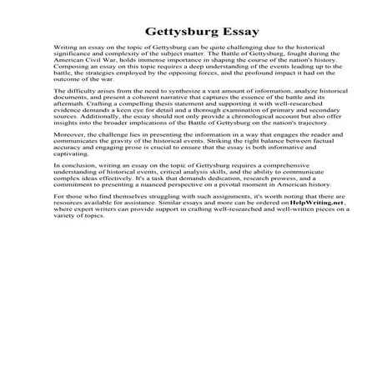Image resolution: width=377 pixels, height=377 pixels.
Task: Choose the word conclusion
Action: pos(79,171)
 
